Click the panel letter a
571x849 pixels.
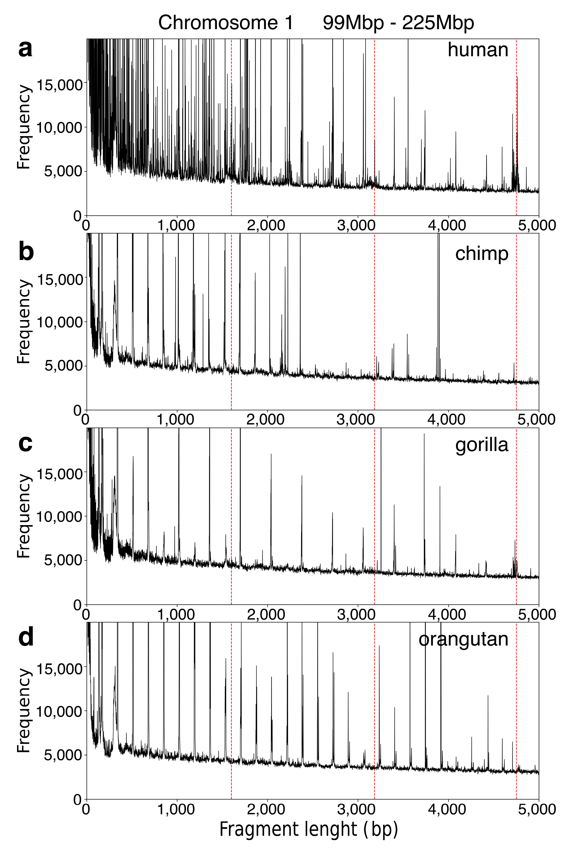tap(25, 50)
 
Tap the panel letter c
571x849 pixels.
tap(25, 443)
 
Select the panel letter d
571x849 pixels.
tap(26, 639)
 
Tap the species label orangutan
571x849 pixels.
tap(463, 639)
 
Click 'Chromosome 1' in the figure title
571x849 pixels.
tap(226, 23)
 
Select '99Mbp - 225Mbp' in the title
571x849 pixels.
tap(398, 23)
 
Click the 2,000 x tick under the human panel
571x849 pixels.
tap(267, 225)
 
